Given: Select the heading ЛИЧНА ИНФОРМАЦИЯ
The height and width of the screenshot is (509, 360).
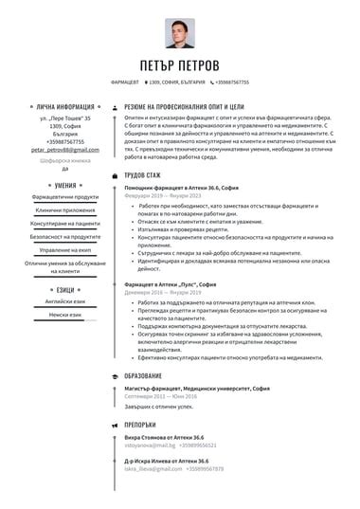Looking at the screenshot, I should (64, 108).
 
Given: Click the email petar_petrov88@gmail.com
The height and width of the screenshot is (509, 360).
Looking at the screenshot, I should (58, 150).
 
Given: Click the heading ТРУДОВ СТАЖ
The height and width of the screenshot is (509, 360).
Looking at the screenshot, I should (143, 175).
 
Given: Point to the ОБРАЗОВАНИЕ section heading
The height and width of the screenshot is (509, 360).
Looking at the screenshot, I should (143, 376).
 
